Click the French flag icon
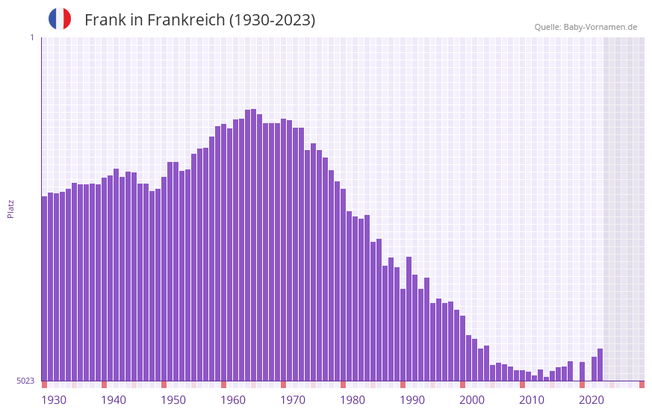pos(60,19)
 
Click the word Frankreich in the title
pos(187,20)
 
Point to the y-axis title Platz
pos(10,208)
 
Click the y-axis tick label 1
pos(31,37)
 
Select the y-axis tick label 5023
pos(25,381)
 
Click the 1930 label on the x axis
pos(54,400)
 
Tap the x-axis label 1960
pos(233,400)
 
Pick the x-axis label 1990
pos(412,400)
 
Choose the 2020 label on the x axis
pos(592,400)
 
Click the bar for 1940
pos(104,279)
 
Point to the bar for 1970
pos(283,249)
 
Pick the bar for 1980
pos(343,284)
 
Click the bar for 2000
pos(462,348)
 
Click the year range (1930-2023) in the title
pos(272,20)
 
